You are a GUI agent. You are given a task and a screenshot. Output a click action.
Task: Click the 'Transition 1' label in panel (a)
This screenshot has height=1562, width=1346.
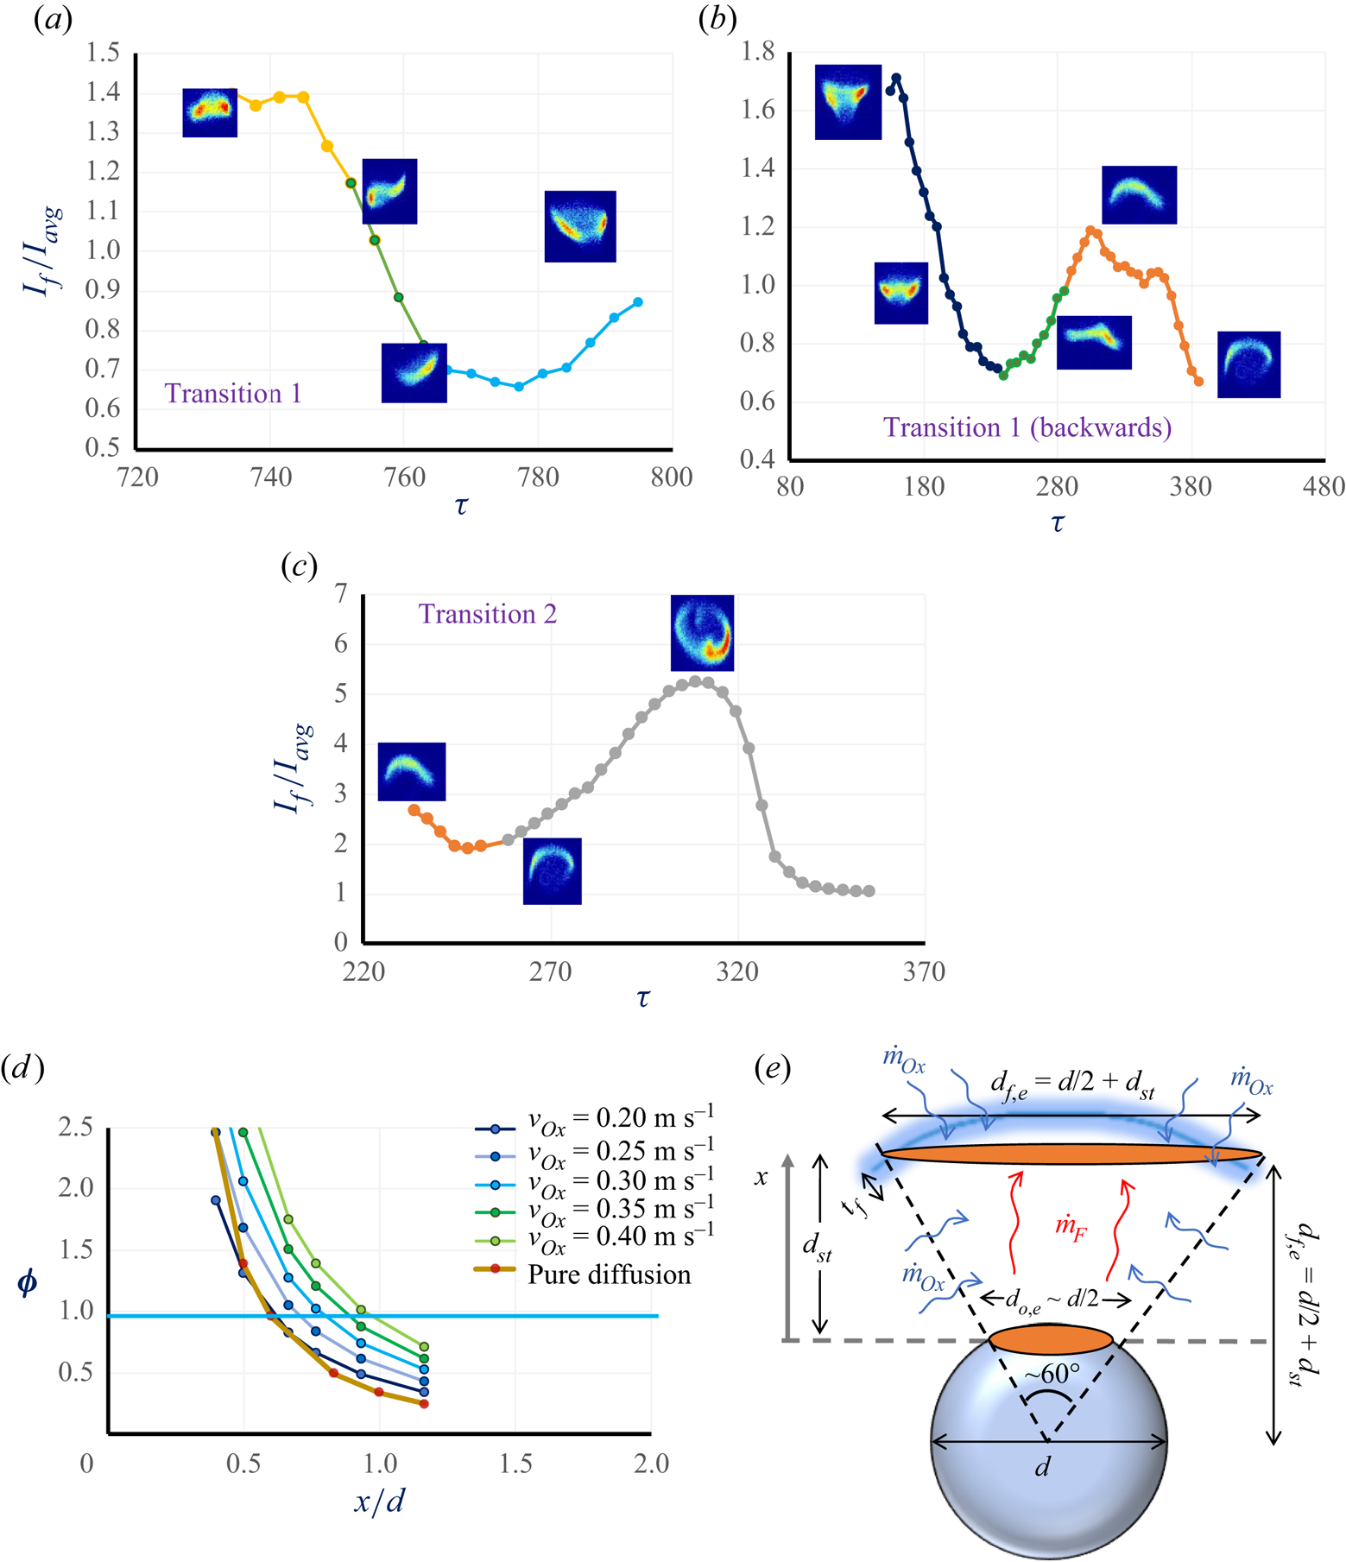(x=232, y=394)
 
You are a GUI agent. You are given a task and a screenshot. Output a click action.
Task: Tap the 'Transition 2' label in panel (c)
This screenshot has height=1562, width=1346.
(x=487, y=614)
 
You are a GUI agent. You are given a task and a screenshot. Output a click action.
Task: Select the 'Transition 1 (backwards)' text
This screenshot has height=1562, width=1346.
(x=1027, y=427)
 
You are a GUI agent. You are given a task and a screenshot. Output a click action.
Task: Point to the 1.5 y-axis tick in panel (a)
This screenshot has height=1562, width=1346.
(x=103, y=54)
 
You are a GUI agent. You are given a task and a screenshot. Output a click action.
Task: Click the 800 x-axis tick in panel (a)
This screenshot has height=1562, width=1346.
(x=672, y=477)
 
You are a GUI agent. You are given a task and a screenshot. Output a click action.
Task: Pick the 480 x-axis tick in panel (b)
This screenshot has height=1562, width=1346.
(x=1324, y=487)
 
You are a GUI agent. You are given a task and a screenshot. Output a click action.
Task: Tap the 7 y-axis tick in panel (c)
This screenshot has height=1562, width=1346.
(x=342, y=593)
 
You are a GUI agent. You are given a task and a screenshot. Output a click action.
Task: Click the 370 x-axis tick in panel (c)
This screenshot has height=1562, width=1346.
(x=924, y=972)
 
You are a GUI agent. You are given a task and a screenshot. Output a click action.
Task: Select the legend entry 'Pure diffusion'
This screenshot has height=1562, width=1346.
(x=609, y=1275)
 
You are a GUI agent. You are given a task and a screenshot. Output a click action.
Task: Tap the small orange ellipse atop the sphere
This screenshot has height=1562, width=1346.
(x=1050, y=1340)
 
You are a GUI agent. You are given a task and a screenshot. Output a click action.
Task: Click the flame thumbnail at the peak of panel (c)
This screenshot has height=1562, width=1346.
(x=702, y=633)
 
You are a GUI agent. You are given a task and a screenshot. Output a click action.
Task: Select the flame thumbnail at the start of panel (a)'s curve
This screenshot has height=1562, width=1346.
(x=210, y=112)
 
